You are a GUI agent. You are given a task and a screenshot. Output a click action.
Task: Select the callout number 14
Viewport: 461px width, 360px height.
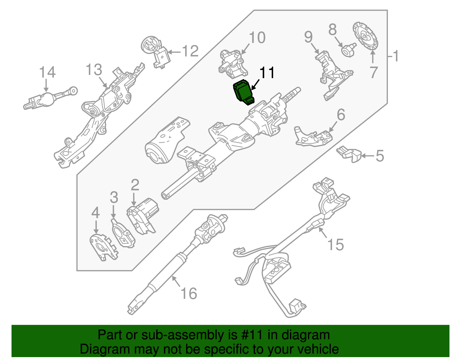pyautogui.click(x=47, y=72)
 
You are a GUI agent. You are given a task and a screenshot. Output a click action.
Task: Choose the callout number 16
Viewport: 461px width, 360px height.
pyautogui.click(x=189, y=294)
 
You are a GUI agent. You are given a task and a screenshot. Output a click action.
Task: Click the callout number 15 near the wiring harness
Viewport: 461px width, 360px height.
pyautogui.click(x=336, y=245)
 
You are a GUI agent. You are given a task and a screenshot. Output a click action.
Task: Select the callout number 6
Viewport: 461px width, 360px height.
pyautogui.click(x=341, y=115)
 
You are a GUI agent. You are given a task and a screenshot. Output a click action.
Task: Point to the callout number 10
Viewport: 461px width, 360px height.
pyautogui.click(x=257, y=38)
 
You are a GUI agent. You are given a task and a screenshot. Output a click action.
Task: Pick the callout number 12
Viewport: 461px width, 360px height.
pyautogui.click(x=190, y=51)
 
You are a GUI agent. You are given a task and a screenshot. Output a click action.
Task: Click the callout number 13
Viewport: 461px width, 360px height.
pyautogui.click(x=94, y=70)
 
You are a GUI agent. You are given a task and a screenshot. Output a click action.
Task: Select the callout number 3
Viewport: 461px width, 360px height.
pyautogui.click(x=114, y=197)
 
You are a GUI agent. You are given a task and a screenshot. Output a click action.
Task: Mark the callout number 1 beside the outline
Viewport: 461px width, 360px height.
pyautogui.click(x=396, y=56)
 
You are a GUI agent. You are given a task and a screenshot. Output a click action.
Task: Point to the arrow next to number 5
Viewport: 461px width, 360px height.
pyautogui.click(x=368, y=156)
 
